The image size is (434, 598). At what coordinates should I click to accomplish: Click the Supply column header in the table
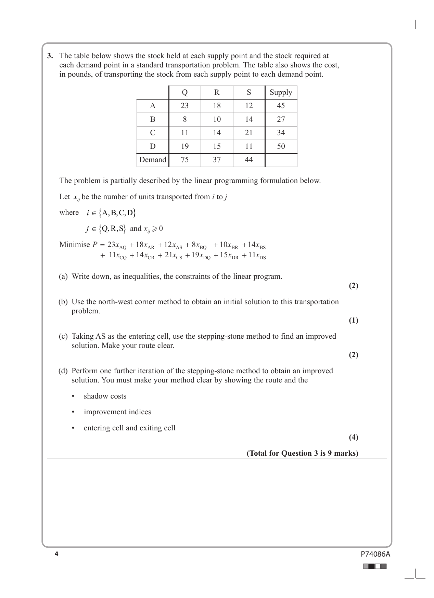point(281,92)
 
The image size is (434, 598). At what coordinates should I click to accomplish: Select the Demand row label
point(153,160)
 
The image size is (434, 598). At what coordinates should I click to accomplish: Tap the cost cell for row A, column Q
point(184,106)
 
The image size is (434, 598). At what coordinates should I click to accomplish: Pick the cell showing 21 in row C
point(249,133)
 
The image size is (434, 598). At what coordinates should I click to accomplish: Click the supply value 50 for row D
point(281,146)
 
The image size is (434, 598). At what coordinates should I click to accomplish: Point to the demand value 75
point(184,160)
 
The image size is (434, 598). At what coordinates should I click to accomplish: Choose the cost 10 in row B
point(217,119)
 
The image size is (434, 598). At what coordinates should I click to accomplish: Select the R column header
point(217,92)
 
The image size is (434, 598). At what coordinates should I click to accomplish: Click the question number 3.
point(50,56)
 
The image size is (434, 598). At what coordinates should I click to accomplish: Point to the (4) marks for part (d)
point(353,437)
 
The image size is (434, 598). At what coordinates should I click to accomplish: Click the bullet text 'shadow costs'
point(105,396)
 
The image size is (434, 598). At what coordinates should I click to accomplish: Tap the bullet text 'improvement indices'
point(117,412)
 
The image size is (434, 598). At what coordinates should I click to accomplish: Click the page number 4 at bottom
point(56,554)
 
